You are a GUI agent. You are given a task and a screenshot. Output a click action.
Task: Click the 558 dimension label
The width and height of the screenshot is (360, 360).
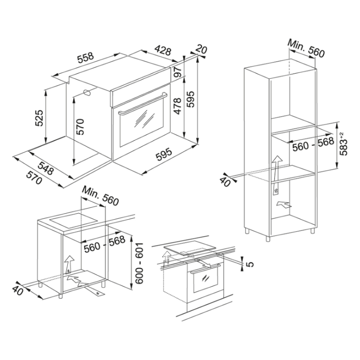point(85,58)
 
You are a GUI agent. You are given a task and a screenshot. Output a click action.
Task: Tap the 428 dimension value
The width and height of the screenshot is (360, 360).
point(163,50)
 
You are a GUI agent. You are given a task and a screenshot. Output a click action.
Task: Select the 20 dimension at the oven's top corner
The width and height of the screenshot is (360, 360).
point(201,49)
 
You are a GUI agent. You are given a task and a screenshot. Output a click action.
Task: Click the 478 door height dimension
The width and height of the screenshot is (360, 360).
point(178,106)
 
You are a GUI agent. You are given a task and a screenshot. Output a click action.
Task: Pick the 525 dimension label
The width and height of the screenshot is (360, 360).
point(39,118)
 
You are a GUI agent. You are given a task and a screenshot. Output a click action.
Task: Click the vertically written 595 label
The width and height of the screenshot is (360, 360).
point(190,99)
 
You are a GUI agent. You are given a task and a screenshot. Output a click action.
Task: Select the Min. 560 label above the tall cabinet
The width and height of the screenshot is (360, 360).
point(306,49)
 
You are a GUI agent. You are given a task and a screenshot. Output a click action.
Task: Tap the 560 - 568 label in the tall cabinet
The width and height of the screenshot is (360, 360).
point(313,144)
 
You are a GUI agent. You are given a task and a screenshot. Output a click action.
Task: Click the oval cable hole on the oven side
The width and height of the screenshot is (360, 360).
point(87,93)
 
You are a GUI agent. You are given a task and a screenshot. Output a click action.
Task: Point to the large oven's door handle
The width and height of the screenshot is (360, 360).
point(143,103)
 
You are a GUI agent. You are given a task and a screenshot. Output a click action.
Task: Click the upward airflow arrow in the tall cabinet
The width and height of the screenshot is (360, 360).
point(277,175)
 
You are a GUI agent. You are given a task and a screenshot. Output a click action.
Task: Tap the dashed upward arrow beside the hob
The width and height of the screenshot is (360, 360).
point(166,259)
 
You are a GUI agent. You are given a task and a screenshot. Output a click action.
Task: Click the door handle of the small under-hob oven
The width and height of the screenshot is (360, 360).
point(205,268)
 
